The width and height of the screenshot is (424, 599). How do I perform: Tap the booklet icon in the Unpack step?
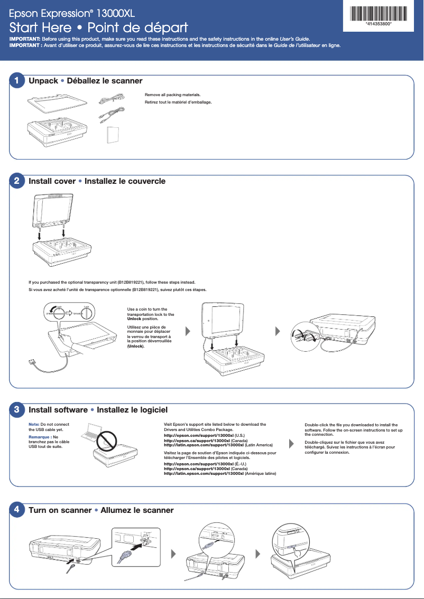113,135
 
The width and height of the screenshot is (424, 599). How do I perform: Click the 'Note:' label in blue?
34,425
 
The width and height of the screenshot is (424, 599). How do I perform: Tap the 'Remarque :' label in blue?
39,437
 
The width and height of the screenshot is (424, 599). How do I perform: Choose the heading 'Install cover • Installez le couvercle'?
97,181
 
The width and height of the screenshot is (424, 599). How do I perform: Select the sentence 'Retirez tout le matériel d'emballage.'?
178,101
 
